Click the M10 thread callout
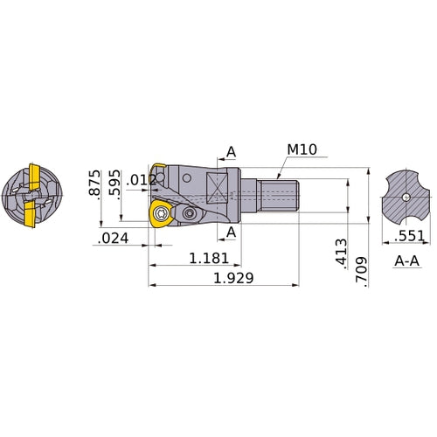click(301, 149)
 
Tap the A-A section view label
click(405, 260)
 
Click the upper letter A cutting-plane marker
click(231, 152)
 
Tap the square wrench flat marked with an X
click(218, 184)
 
